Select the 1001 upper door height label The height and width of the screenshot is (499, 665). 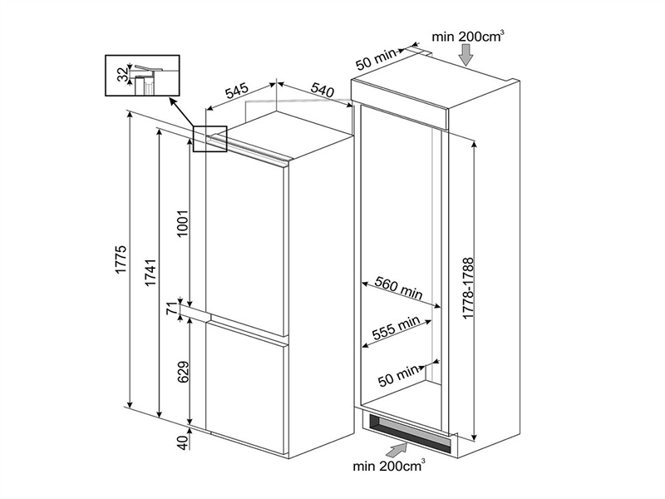184,223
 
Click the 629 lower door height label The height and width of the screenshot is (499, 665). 184,376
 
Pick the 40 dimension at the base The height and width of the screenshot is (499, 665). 184,442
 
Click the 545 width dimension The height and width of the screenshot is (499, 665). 235,90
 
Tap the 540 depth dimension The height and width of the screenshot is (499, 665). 323,87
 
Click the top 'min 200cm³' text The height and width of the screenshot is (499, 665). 470,36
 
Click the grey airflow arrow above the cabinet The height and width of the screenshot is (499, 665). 467,54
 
